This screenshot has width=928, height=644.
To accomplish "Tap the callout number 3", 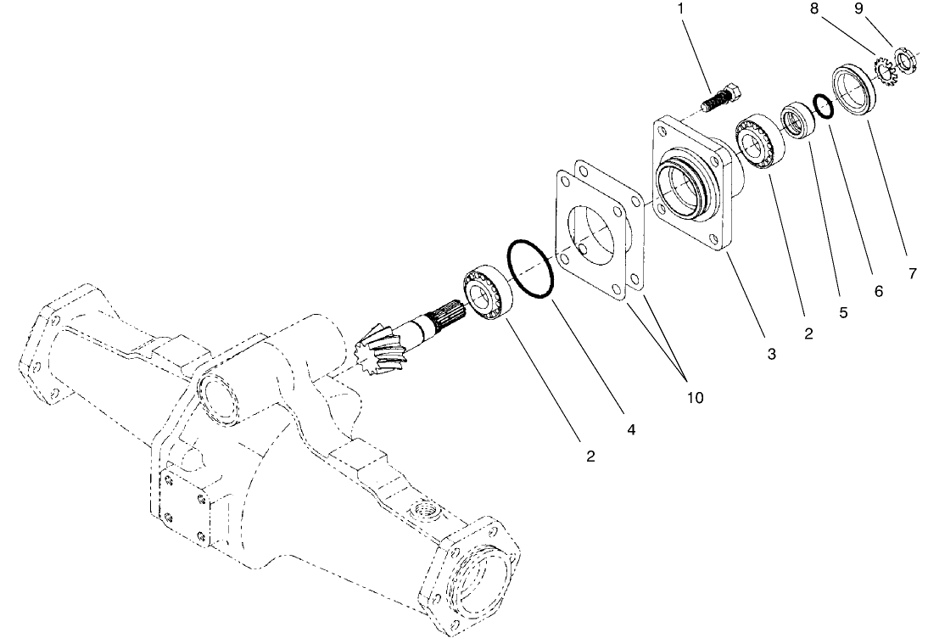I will [x=771, y=354].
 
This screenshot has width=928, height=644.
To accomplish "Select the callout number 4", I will [x=631, y=430].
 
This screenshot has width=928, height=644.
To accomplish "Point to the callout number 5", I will [x=843, y=312].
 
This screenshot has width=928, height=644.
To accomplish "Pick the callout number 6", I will [x=879, y=291].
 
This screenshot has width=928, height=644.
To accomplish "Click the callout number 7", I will [x=912, y=274].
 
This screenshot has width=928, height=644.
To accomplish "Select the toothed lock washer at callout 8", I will [x=884, y=70].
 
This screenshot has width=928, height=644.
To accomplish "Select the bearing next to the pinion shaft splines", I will [x=484, y=294].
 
